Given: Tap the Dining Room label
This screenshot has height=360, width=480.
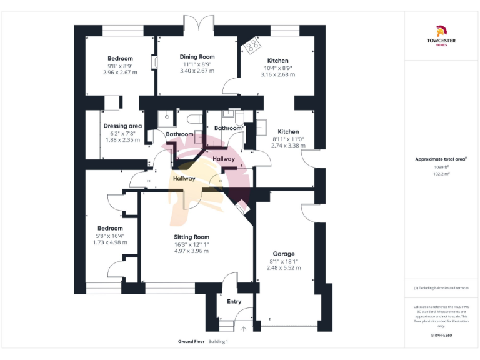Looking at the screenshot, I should tap(197, 57).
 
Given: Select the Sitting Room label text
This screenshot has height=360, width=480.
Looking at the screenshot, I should tap(191, 237).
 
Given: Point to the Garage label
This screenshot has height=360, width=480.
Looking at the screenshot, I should tap(284, 254).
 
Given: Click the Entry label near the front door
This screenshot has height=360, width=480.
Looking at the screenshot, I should tap(234, 302).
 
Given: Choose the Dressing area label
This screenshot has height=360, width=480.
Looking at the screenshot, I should tap(122, 126).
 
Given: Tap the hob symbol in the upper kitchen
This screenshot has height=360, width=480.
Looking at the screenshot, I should tap(253, 44).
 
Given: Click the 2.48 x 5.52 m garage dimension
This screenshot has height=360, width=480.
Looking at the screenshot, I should tap(284, 267).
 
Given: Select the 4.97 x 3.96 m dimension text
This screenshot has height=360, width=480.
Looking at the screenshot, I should tap(191, 251).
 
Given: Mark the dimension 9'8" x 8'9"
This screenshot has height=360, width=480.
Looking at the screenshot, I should tap(120, 66).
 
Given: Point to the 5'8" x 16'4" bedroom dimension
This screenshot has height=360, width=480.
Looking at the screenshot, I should tap(109, 236).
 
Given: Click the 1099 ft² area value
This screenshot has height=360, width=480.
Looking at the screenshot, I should tap(441, 167).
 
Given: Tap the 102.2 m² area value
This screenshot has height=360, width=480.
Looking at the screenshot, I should tap(441, 174).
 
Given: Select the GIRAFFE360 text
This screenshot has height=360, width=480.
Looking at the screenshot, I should tap(441, 336).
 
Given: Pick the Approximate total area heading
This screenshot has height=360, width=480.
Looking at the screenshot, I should tap(441, 159).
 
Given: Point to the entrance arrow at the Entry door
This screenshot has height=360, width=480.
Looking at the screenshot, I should tap(243, 327).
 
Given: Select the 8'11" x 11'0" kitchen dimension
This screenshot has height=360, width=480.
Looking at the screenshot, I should tap(288, 139).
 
